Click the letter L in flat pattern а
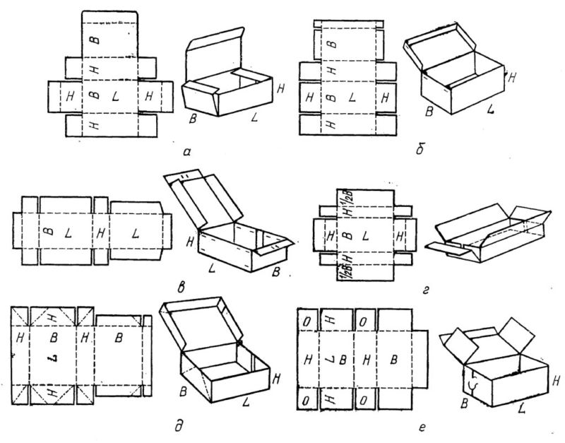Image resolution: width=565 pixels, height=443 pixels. pyautogui.click(x=115, y=95)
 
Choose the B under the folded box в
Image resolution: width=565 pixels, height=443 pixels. pyautogui.click(x=274, y=271)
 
